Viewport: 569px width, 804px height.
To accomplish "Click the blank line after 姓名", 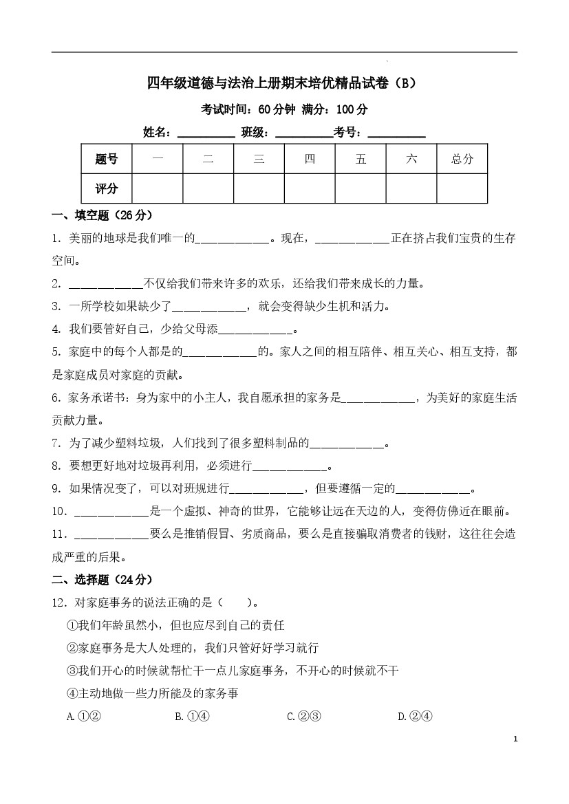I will (206, 133).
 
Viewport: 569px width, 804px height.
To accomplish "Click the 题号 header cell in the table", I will (107, 159).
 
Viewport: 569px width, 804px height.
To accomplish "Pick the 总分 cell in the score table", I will (462, 159).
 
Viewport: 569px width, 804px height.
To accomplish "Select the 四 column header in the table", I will (310, 159).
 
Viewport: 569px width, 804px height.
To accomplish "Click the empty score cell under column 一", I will (158, 188).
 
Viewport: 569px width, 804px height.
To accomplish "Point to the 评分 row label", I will (107, 188).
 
